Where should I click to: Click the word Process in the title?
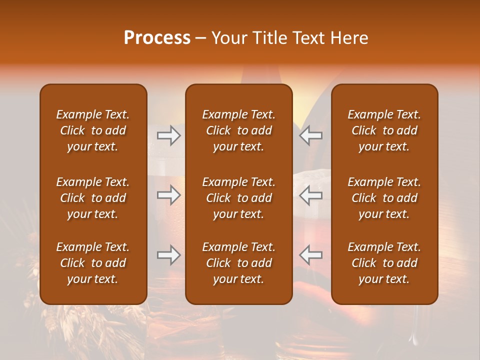click(157, 38)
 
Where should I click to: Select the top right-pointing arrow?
click(168, 135)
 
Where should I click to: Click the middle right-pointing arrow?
click(168, 195)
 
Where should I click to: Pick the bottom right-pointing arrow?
click(168, 255)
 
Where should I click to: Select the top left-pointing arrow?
click(310, 135)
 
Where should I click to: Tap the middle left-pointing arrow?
click(310, 195)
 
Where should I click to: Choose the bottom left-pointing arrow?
click(310, 255)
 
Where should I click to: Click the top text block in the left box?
click(93, 130)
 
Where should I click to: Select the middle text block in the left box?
click(93, 198)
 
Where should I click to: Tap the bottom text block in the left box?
click(93, 263)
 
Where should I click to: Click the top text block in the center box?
click(238, 130)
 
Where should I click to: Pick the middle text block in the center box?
click(238, 198)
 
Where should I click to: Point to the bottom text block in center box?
click(238, 263)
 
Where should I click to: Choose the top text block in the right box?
click(384, 130)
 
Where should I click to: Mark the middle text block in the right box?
click(384, 198)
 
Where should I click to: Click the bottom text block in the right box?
click(384, 263)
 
